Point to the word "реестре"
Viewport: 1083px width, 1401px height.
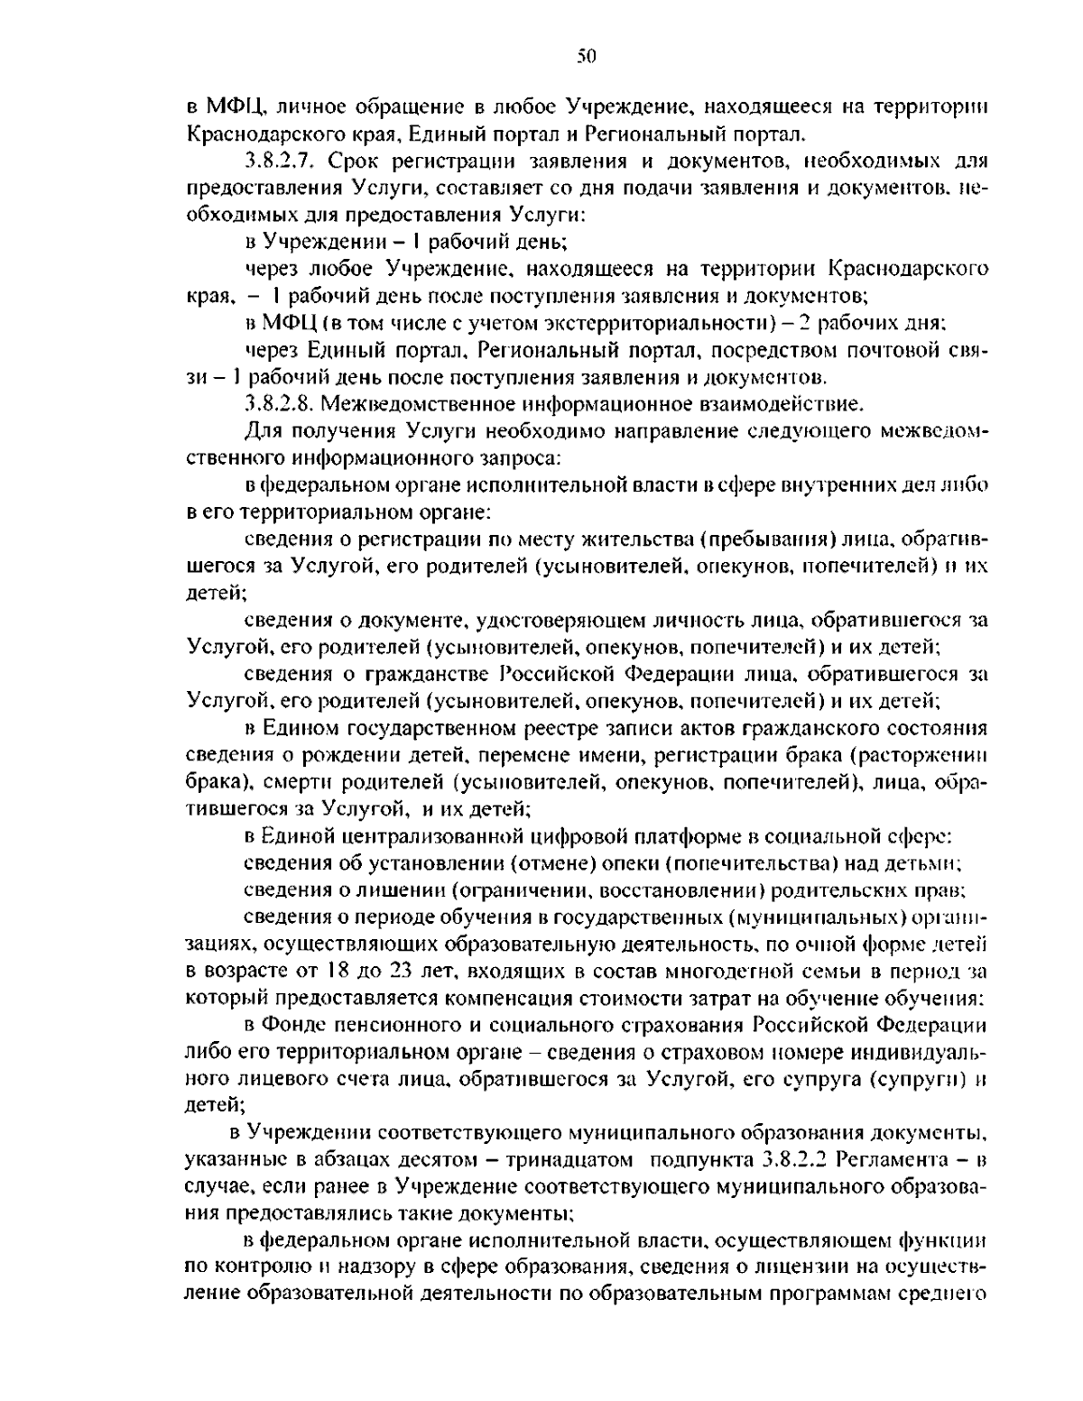539,728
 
